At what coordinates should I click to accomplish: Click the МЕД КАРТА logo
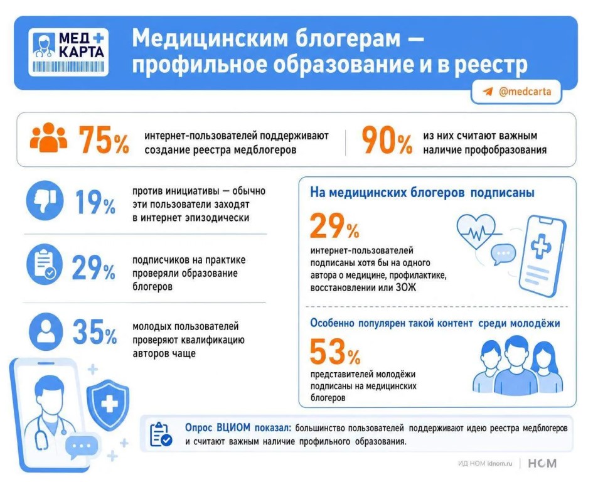68,52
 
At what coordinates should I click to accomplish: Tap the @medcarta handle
525,92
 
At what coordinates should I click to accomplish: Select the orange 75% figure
104,140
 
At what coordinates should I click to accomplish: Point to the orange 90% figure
387,140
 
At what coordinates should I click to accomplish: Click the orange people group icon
48,137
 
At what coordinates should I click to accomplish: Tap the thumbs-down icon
45,200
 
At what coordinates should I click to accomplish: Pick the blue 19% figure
95,203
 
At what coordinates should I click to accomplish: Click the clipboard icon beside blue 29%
45,264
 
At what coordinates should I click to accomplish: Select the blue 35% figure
95,332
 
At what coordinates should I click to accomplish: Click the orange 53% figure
334,351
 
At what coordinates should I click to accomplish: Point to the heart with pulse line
476,231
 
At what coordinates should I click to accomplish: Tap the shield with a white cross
109,404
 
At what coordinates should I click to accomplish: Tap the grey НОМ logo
542,463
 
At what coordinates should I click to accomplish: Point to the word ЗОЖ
406,287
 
